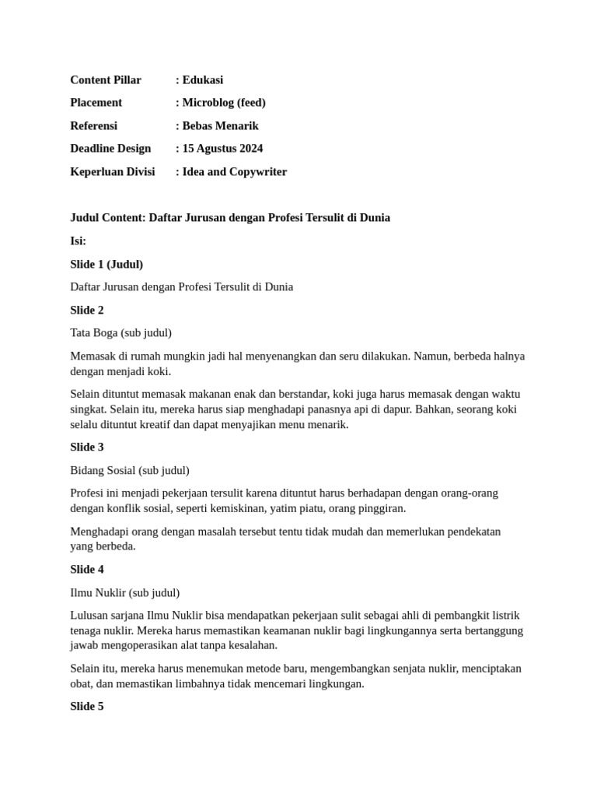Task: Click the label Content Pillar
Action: (106, 80)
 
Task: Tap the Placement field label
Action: (96, 103)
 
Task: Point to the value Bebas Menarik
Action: (220, 126)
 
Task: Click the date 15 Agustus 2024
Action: (222, 149)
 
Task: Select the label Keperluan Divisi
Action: (113, 172)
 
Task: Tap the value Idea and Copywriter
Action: (234, 172)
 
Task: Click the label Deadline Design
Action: (110, 149)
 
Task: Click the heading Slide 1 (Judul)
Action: (106, 265)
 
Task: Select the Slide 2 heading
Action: (87, 311)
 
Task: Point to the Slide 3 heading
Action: (87, 448)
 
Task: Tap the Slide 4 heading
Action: (87, 570)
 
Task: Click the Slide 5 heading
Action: (87, 707)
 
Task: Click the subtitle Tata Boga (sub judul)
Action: (120, 333)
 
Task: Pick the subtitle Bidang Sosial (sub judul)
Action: (130, 471)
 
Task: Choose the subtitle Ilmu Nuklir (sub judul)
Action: (124, 593)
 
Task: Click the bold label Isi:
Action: (78, 241)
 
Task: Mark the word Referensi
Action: (93, 126)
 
